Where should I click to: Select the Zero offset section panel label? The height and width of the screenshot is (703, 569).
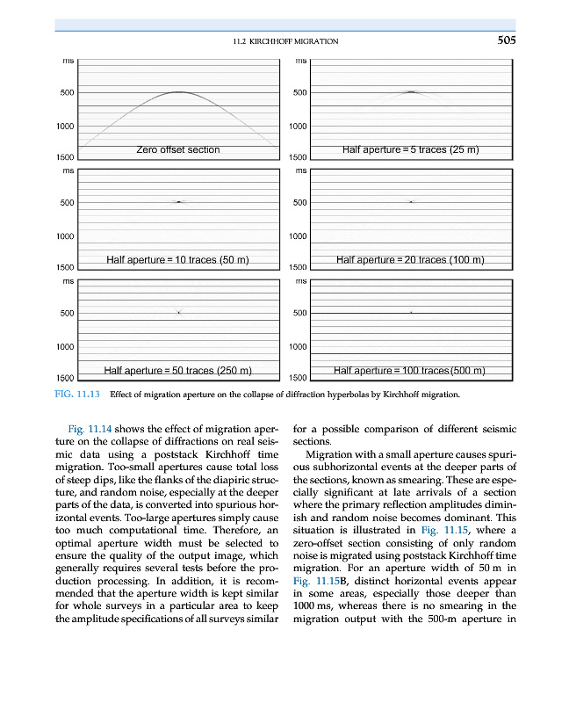click(178, 149)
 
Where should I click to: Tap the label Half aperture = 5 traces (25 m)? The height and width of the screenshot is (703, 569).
click(410, 149)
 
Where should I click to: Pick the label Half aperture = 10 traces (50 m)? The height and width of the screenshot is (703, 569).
click(178, 259)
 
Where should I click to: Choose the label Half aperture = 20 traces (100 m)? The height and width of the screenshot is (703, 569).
click(410, 259)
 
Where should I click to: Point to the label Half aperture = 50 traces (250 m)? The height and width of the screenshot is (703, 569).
click(178, 369)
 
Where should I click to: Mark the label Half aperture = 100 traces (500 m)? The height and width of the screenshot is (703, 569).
click(410, 369)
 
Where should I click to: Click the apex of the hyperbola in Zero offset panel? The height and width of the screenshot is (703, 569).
click(178, 91)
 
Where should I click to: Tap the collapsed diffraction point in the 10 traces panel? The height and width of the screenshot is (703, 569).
click(178, 202)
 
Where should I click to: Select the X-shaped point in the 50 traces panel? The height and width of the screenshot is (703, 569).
click(178, 312)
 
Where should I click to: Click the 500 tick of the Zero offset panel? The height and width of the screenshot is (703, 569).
click(66, 92)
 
